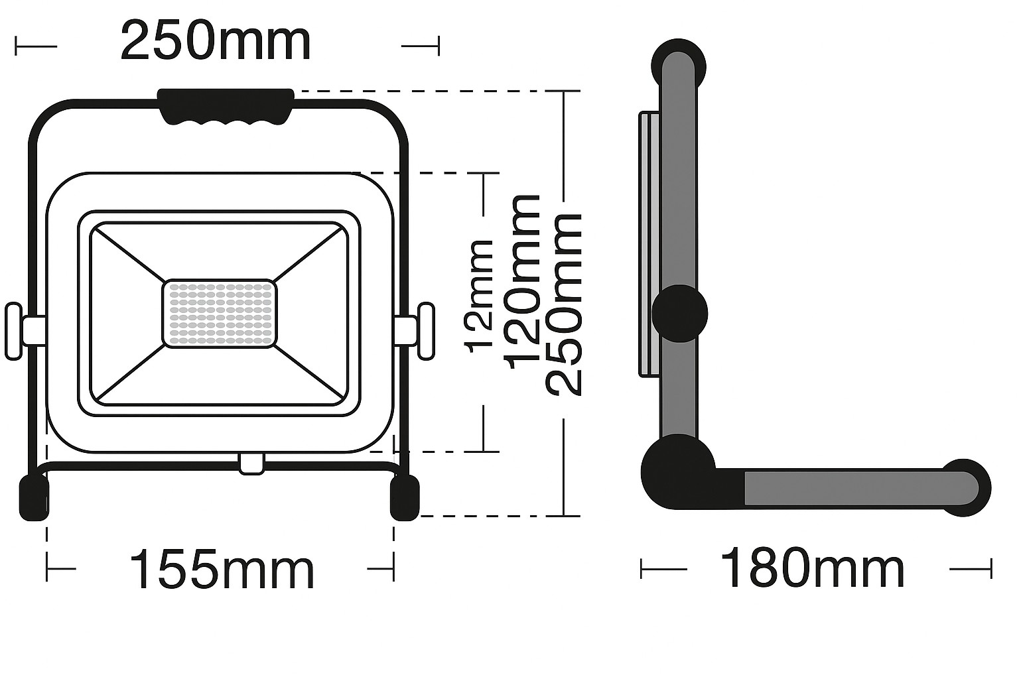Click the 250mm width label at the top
(x=216, y=42)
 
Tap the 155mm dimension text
(x=222, y=569)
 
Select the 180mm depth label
(x=812, y=568)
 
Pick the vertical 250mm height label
(x=563, y=304)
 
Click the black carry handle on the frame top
(x=226, y=105)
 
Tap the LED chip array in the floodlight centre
(x=220, y=313)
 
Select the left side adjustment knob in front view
(x=15, y=331)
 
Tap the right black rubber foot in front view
(x=405, y=497)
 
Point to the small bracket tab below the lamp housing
(x=252, y=463)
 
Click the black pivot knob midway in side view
(x=680, y=314)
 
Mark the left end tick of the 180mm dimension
(x=642, y=568)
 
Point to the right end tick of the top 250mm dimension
(x=438, y=46)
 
